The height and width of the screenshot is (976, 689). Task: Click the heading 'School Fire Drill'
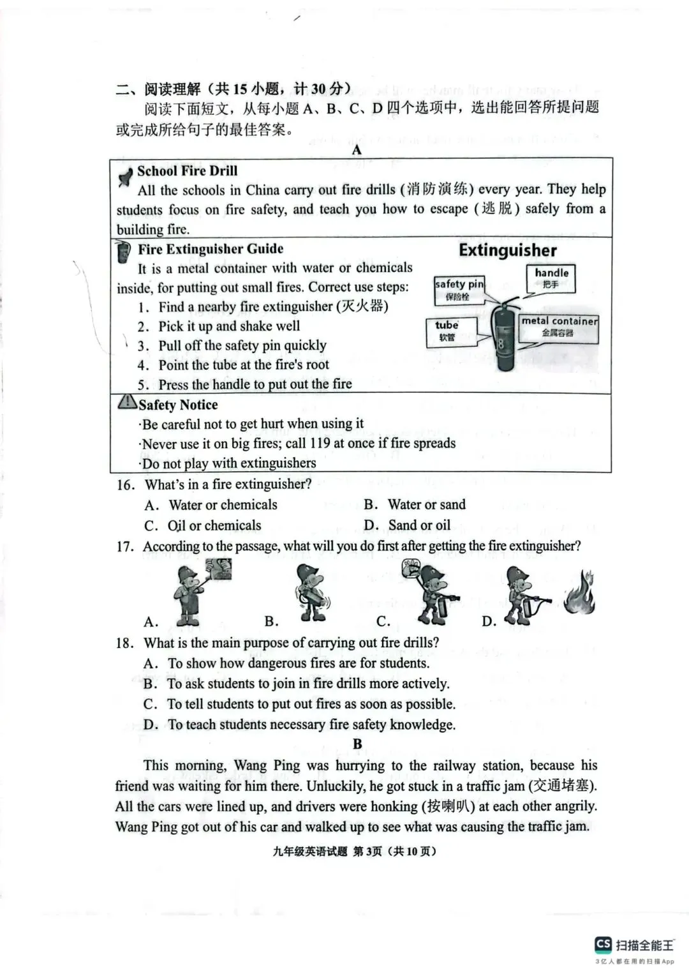[187, 171]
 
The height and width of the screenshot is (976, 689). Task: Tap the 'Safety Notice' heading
[178, 405]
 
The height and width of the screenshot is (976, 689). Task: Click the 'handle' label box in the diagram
[551, 278]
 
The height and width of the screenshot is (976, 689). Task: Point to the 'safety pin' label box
[459, 290]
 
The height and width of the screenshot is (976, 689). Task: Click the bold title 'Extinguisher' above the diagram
[507, 250]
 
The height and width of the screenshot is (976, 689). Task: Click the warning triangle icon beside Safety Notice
[127, 402]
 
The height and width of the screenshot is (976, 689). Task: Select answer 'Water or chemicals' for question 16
[223, 505]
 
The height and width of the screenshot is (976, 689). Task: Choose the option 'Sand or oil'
[419, 525]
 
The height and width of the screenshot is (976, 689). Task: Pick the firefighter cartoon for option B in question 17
[312, 593]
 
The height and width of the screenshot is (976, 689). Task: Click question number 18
[124, 643]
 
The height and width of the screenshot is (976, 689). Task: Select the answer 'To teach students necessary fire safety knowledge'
[311, 724]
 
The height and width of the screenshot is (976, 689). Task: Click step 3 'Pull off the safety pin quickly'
[242, 345]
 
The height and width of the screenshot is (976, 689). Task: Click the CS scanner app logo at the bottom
[603, 944]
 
